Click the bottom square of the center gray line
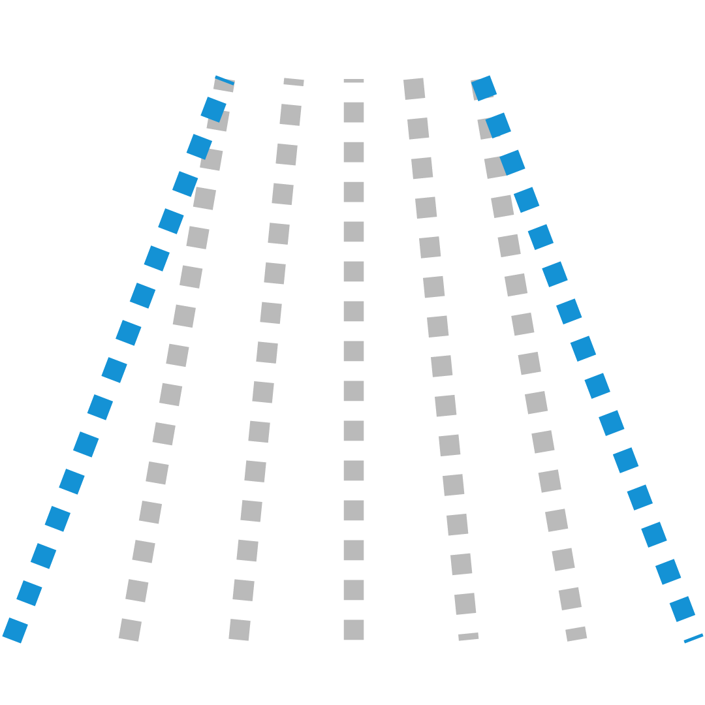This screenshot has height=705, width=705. tap(354, 630)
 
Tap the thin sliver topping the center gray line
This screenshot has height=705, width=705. tap(354, 81)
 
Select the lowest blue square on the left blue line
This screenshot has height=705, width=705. tap(15, 631)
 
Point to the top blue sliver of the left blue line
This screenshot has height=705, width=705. tap(225, 80)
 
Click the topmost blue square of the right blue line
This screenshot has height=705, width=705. tap(484, 87)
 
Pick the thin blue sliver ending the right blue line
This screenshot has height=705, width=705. tap(694, 638)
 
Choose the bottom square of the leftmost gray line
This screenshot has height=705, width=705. tap(130, 630)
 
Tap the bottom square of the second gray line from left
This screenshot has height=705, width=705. tap(240, 630)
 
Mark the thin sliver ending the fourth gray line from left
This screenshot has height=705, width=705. tap(469, 636)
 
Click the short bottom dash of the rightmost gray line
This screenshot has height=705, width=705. tap(576, 634)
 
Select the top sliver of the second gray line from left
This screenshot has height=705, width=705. tap(294, 82)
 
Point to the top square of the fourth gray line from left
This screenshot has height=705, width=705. tap(415, 89)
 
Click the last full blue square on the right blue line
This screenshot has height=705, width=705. tap(682, 609)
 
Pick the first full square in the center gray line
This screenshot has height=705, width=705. tap(354, 112)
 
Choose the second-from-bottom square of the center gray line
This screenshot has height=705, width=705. tap(354, 590)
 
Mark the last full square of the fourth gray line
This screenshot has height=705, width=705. tap(465, 604)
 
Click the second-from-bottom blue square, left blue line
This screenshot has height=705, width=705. tap(29, 593)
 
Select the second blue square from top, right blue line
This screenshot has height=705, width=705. tap(498, 125)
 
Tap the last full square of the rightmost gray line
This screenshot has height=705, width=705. tap(570, 599)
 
